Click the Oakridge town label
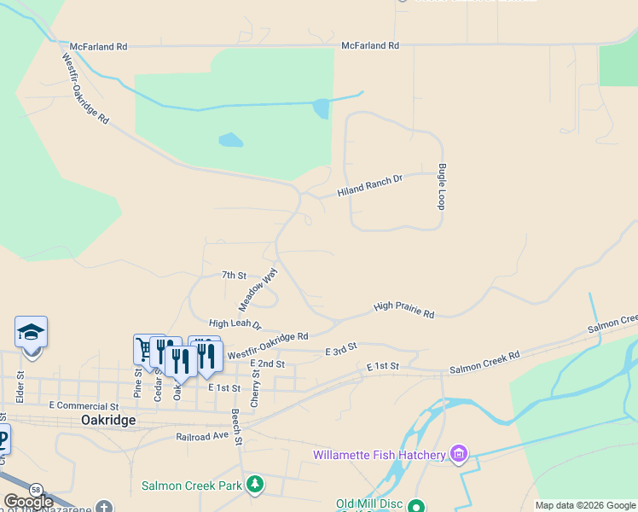[x=108, y=421]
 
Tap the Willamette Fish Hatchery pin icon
[x=460, y=452]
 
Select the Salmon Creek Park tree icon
[x=254, y=485]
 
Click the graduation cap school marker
[x=31, y=332]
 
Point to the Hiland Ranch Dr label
[x=369, y=186]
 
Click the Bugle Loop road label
[x=442, y=187]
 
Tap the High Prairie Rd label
[x=404, y=310]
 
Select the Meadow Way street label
[x=258, y=289]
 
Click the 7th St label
[x=234, y=276]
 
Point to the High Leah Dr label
[x=235, y=324]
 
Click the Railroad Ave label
[x=203, y=435]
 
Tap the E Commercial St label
[x=84, y=406]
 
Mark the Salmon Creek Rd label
[x=484, y=360]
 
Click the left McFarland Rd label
[x=98, y=47]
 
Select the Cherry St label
[x=254, y=387]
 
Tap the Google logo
[x=27, y=503]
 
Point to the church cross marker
[x=104, y=507]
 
